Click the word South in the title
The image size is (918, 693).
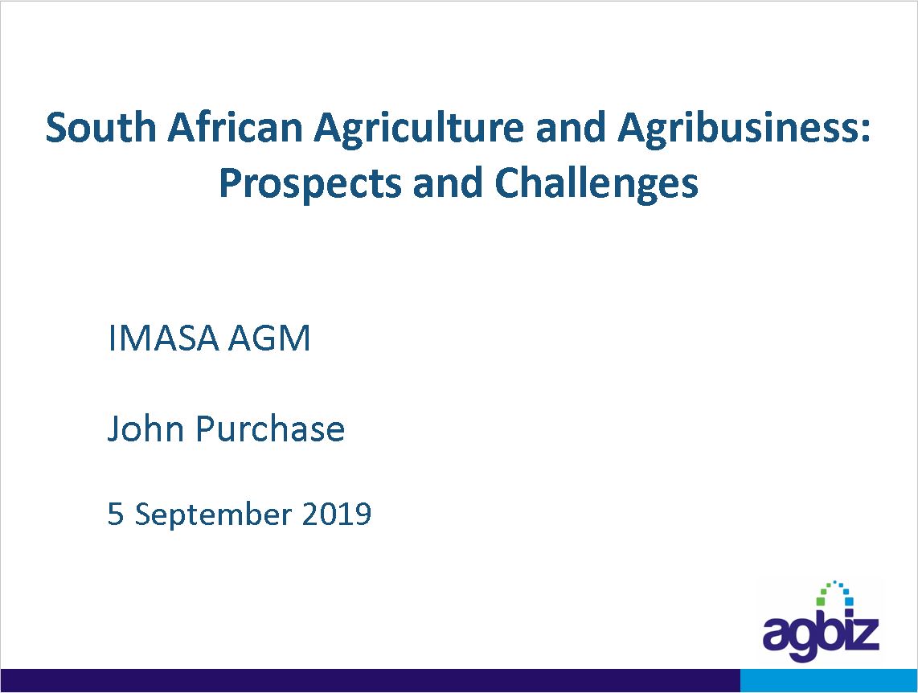coord(100,127)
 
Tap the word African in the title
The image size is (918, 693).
coord(235,127)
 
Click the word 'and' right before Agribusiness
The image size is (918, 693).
coord(570,127)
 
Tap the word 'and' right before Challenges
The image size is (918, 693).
coord(448,182)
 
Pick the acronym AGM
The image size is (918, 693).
coord(268,338)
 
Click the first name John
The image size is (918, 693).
coord(145,429)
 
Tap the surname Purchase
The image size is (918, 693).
coord(270,429)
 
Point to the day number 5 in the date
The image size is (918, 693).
coord(115,515)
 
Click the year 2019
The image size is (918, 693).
coord(337,515)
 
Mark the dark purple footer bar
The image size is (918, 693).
coord(370,680)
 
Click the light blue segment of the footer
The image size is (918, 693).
coord(829,680)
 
